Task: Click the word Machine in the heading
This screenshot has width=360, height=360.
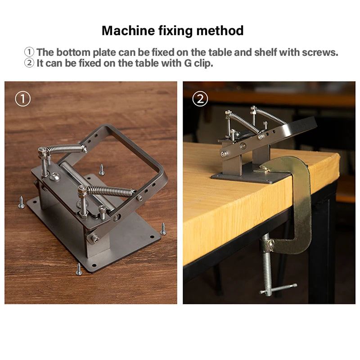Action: [128, 31]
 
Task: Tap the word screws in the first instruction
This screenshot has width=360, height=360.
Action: [320, 52]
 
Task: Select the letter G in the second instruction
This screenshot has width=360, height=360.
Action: [188, 63]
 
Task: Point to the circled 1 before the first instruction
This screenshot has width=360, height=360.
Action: [29, 52]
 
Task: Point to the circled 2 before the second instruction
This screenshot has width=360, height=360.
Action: [29, 63]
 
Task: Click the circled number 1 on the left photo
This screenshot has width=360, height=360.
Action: [23, 99]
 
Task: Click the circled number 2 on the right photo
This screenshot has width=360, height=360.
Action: [200, 99]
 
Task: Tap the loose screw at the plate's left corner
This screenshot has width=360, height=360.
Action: [21, 202]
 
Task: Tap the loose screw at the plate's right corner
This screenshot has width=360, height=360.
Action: [163, 229]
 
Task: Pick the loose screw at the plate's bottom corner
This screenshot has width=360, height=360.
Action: [79, 269]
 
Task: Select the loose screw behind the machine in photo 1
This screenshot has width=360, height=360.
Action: [102, 170]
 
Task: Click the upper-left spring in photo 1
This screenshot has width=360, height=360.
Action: [65, 149]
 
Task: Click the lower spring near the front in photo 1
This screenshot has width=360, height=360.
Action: [110, 191]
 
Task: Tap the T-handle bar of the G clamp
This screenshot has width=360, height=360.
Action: [278, 288]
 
